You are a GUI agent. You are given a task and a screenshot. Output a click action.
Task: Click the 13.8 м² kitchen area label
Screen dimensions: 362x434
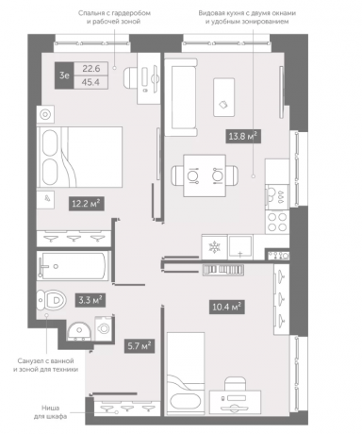pos(243,137)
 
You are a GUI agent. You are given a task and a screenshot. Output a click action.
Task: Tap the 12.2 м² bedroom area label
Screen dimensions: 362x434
pos(86,204)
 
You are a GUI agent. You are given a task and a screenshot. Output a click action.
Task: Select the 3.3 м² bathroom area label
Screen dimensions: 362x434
pos(90,300)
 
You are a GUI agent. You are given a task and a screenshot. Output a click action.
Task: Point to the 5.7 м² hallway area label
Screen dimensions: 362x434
pos(140,346)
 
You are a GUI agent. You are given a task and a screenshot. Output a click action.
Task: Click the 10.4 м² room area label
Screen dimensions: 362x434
pos(227,307)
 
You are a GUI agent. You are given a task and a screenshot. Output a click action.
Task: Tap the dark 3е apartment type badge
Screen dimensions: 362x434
pos(64,75)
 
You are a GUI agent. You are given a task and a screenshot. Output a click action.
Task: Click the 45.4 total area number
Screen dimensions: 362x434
pos(90,82)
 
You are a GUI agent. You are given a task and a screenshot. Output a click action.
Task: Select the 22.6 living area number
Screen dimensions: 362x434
pos(90,69)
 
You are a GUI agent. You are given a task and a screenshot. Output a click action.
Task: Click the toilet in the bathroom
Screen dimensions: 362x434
pos(51,300)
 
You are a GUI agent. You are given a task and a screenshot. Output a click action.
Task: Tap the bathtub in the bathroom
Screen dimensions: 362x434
pos(73,266)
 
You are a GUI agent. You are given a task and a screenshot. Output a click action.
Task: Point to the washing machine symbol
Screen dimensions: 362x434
pos(104,328)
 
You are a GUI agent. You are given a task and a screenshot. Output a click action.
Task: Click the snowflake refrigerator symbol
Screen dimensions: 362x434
pos(215,247)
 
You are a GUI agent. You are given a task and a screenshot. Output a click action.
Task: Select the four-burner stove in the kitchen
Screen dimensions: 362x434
pos(277,222)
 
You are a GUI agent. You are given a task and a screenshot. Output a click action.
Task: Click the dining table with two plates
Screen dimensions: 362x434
pos(205,175)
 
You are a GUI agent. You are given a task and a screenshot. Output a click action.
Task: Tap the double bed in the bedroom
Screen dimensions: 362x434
pos(79,158)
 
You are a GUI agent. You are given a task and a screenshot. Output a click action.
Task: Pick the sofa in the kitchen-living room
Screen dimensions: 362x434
pos(181,97)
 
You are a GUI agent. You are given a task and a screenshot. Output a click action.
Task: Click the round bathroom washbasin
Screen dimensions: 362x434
pos(79,331)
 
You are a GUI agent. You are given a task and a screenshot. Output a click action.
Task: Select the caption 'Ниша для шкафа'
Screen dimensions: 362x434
pos(50,412)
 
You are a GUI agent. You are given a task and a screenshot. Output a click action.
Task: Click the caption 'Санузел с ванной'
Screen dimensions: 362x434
pos(45,360)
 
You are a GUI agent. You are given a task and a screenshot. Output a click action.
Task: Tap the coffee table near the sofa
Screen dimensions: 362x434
pos(224,97)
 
